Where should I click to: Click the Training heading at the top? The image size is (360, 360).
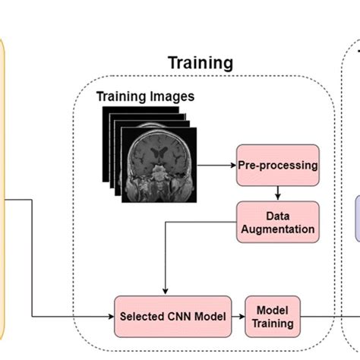(x=200, y=62)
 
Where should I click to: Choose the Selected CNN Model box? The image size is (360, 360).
(x=172, y=315)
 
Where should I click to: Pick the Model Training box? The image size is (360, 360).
(x=272, y=315)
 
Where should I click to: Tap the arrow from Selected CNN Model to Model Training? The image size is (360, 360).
(x=237, y=315)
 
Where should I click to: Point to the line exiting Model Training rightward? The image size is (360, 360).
(x=319, y=315)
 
